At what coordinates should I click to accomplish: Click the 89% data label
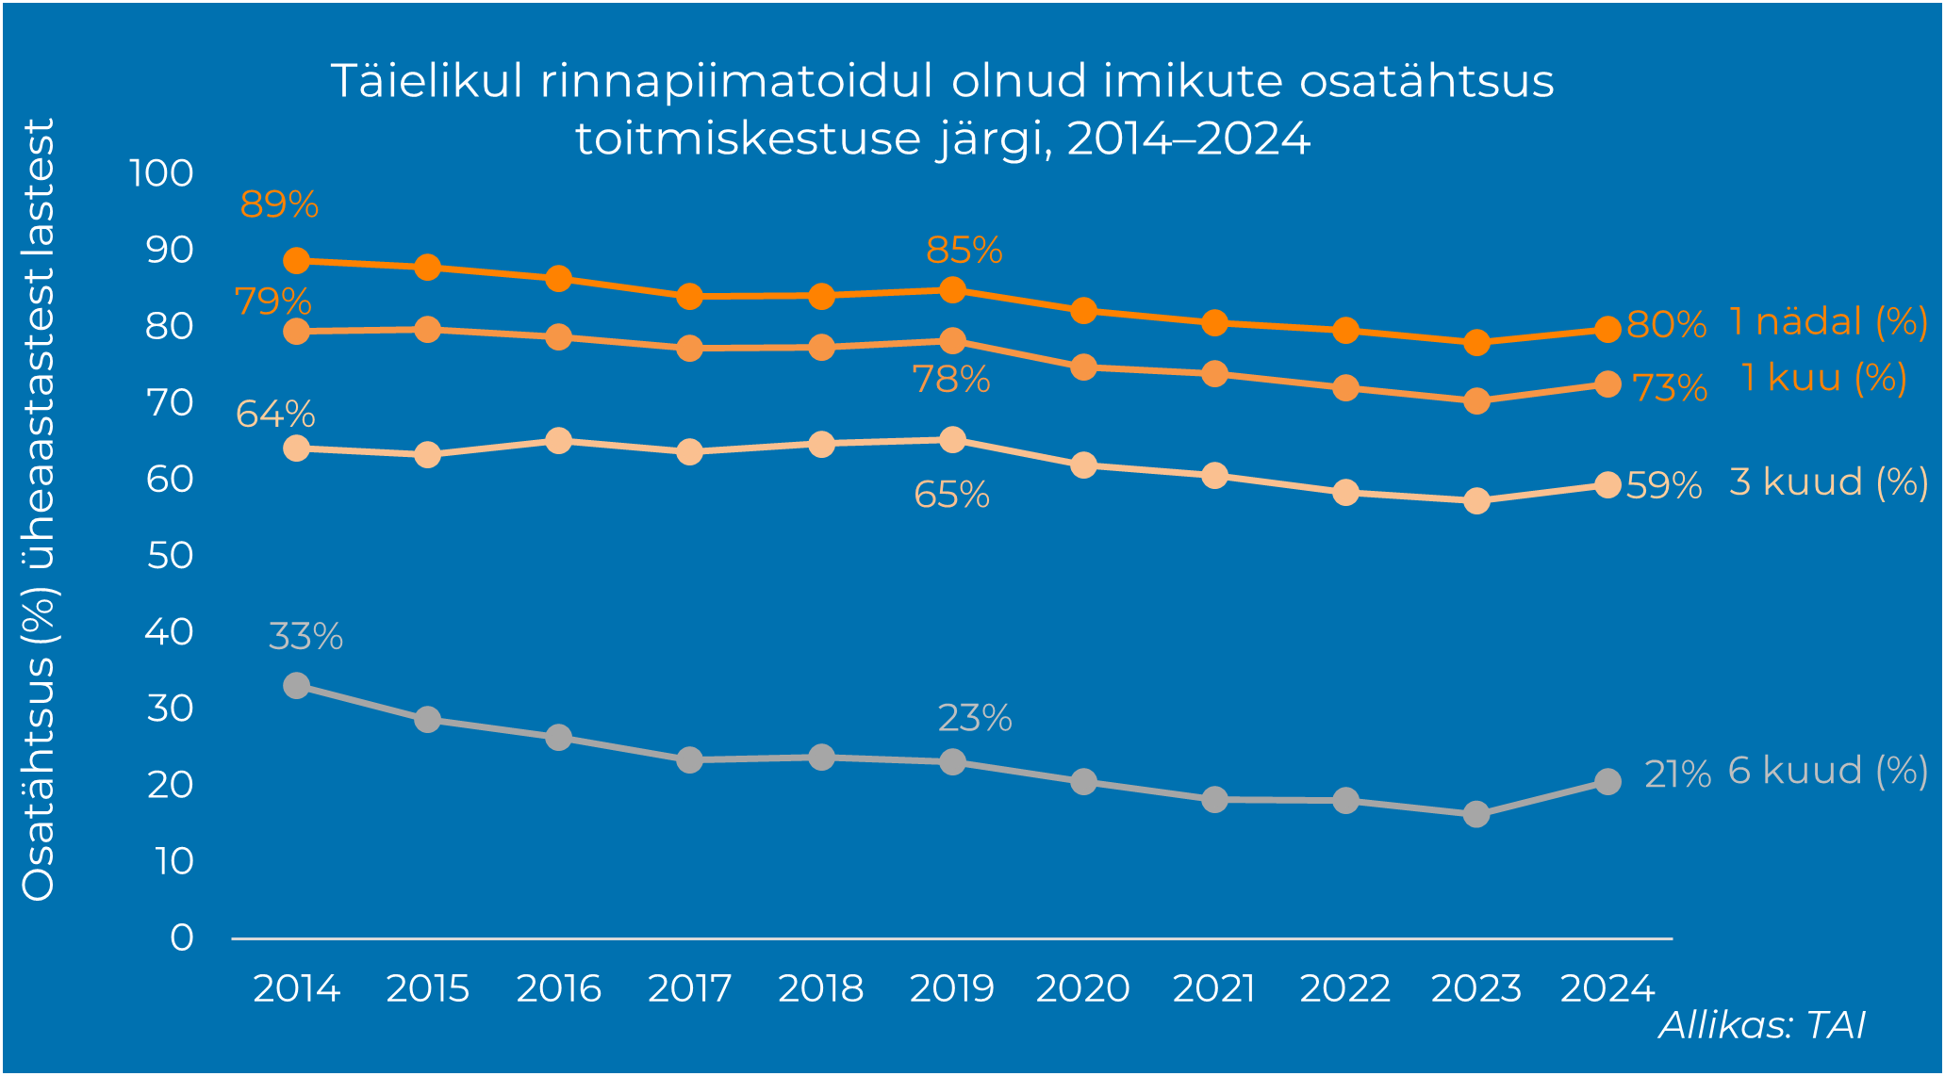279,204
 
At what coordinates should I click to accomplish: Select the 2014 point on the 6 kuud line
297,685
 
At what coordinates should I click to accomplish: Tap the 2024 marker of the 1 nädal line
1608,329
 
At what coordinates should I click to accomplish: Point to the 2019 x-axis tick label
952,988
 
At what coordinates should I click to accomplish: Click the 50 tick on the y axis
171,555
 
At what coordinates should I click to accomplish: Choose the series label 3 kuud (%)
1828,482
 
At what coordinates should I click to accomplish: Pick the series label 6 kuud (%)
1827,771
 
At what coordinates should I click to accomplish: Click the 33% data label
305,637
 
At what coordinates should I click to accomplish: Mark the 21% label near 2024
1677,774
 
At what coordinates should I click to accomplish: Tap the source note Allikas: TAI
1761,1025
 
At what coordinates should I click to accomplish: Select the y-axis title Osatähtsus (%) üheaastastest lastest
40,509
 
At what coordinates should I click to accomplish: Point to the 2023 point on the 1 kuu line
1477,401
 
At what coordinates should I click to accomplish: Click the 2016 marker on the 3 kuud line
559,440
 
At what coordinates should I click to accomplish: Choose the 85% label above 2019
964,251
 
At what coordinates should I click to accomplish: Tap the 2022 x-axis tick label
1345,988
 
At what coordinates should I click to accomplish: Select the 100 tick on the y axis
161,173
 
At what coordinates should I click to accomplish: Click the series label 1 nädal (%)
1828,322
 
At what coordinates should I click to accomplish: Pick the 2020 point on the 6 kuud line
1084,781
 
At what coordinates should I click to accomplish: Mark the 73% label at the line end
1670,388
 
